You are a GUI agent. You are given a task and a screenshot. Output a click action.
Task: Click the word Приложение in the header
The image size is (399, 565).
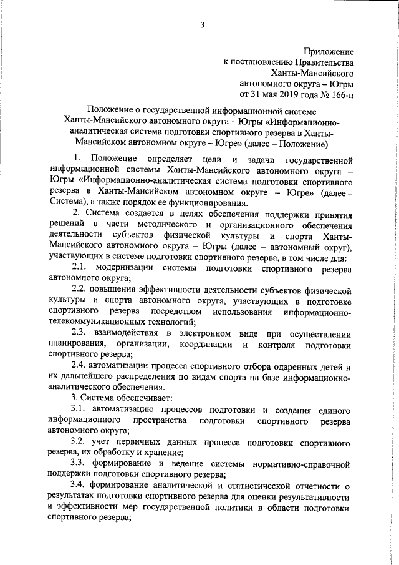pyautogui.click(x=329, y=50)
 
